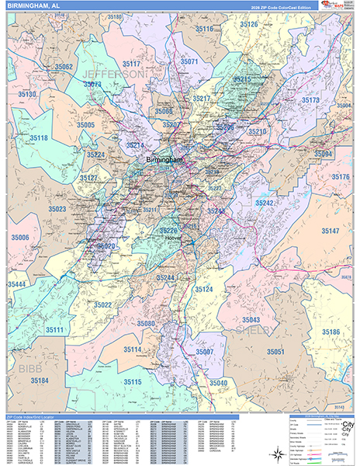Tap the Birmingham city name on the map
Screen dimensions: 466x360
click(164, 160)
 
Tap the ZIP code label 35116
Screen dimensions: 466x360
click(203, 29)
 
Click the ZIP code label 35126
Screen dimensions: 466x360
click(249, 24)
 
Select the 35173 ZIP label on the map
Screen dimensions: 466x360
click(310, 100)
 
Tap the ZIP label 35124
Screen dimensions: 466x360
click(203, 289)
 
